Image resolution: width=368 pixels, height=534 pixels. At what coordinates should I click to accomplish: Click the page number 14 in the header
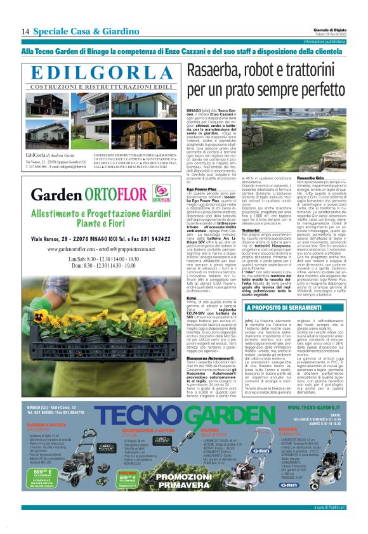pyautogui.click(x=25, y=31)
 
